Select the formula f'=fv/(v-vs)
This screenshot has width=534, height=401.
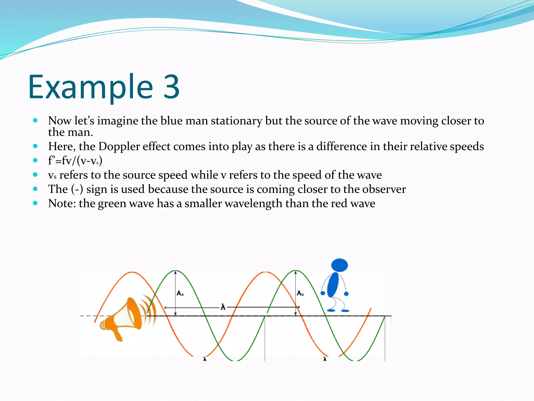point(75,161)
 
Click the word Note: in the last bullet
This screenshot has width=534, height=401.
point(62,203)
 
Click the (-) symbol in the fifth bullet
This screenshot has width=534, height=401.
point(77,189)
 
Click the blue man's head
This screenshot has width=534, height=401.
point(339,265)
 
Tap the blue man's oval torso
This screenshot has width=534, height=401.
point(333,285)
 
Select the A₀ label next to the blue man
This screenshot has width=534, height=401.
point(300,293)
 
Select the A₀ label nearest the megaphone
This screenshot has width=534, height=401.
point(180,293)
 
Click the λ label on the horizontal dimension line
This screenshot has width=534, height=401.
point(223,307)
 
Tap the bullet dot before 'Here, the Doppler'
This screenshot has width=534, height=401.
point(35,146)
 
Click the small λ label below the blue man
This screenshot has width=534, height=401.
point(325,359)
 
